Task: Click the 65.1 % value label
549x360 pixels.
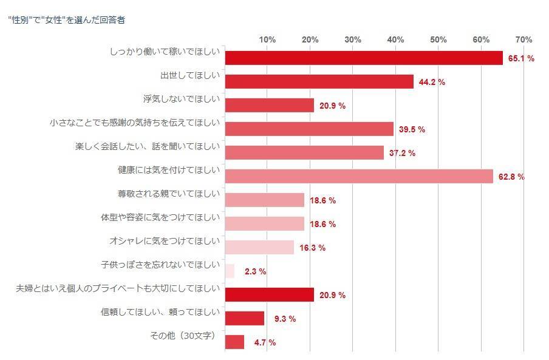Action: pos(521,58)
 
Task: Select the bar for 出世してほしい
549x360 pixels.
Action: pos(319,81)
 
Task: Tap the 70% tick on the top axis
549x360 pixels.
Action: pos(523,39)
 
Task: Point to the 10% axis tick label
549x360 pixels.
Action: pos(267,39)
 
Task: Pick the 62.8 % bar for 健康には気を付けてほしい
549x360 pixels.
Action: pos(359,176)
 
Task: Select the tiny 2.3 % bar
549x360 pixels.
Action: pos(230,271)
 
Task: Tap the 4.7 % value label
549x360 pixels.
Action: pos(265,342)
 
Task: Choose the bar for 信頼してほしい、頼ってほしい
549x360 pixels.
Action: pos(245,318)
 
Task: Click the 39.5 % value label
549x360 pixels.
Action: pos(412,129)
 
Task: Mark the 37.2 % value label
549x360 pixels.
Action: pos(402,153)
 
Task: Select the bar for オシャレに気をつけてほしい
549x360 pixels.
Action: pos(259,247)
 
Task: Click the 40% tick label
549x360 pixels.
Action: pos(395,39)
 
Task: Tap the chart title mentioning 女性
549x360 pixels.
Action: pos(67,19)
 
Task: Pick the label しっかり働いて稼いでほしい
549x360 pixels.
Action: pos(165,52)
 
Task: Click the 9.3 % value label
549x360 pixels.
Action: pos(284,319)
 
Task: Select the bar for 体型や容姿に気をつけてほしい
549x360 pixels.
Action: pos(264,223)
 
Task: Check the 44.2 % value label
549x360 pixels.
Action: pos(432,82)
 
